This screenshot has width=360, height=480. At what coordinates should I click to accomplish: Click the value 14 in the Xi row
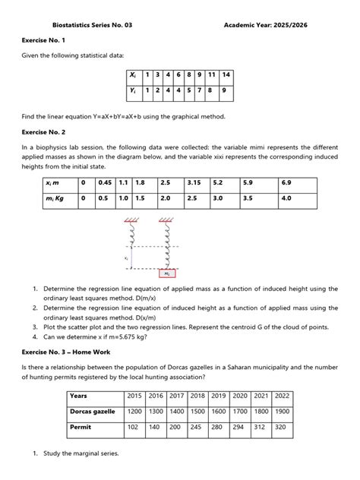[226, 75]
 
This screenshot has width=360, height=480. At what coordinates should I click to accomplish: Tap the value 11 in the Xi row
[211, 75]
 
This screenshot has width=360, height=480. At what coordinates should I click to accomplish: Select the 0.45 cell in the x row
[104, 182]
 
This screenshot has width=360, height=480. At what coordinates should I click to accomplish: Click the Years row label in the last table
[78, 396]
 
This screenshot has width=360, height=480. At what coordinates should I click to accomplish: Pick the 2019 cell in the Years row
[219, 396]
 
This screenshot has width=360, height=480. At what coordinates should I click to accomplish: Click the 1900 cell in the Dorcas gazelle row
[282, 411]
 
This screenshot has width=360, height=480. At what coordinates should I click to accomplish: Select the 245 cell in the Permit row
[197, 428]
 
